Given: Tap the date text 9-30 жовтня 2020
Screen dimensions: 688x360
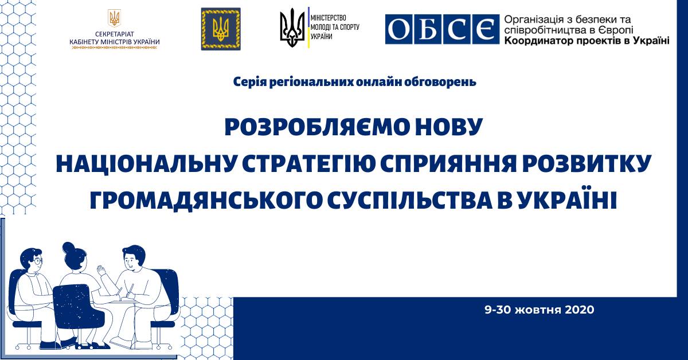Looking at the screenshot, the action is pyautogui.click(x=540, y=310).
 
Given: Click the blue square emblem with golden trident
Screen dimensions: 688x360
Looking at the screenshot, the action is pyautogui.click(x=221, y=29).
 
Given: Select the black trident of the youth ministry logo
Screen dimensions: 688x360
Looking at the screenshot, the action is pyautogui.click(x=292, y=28).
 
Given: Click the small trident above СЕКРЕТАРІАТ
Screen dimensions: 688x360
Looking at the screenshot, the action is pyautogui.click(x=114, y=18).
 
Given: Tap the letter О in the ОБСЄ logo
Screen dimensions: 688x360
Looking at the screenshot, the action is pyautogui.click(x=398, y=29).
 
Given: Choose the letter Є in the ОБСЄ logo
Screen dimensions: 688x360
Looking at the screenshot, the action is pyautogui.click(x=486, y=29).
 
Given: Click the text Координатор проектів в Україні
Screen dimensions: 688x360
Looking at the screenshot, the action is pyautogui.click(x=587, y=41).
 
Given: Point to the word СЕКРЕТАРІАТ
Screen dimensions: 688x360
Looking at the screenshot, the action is pyautogui.click(x=115, y=34).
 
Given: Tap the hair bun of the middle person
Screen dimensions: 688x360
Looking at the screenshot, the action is pyautogui.click(x=68, y=248).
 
